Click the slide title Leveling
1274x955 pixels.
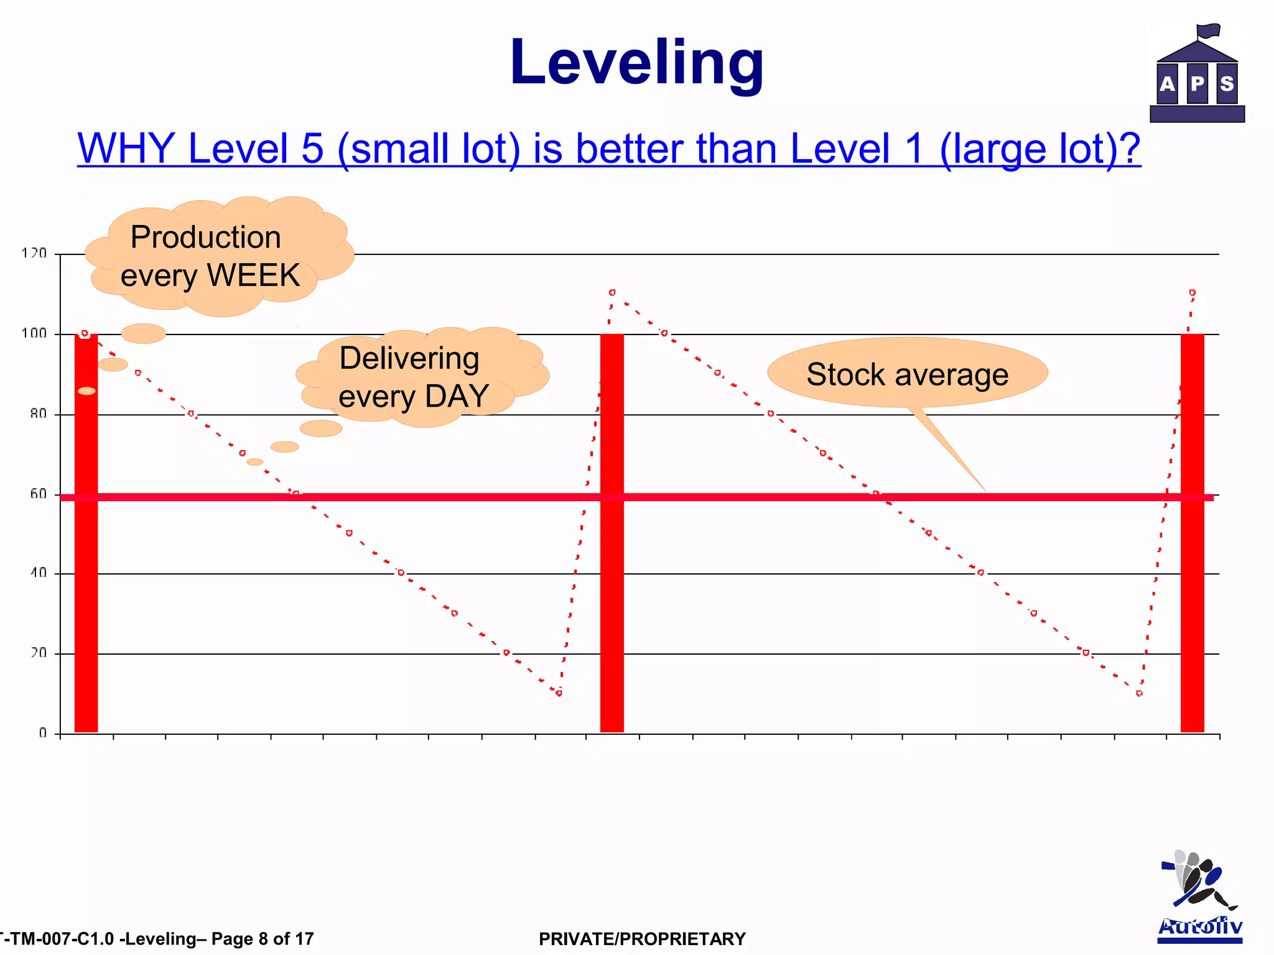pyautogui.click(x=636, y=62)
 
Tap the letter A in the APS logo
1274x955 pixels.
pyautogui.click(x=1168, y=83)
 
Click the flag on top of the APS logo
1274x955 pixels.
pyautogui.click(x=1208, y=30)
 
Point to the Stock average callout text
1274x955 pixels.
pyautogui.click(x=907, y=374)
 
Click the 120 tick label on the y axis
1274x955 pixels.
pyautogui.click(x=34, y=253)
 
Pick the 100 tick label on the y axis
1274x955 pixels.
pyautogui.click(x=34, y=333)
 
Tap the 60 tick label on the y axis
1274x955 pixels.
pyautogui.click(x=38, y=494)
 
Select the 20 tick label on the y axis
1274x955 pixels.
pyautogui.click(x=38, y=653)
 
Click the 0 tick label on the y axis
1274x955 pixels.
pyautogui.click(x=42, y=733)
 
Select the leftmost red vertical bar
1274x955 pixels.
pyautogui.click(x=86, y=560)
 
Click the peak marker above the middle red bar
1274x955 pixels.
pyautogui.click(x=612, y=292)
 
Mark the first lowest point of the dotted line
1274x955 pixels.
pyautogui.click(x=559, y=693)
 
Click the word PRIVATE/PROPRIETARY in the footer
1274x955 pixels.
pyautogui.click(x=642, y=939)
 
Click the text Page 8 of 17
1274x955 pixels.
pyautogui.click(x=263, y=939)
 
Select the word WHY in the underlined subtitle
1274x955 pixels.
pyautogui.click(x=126, y=149)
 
